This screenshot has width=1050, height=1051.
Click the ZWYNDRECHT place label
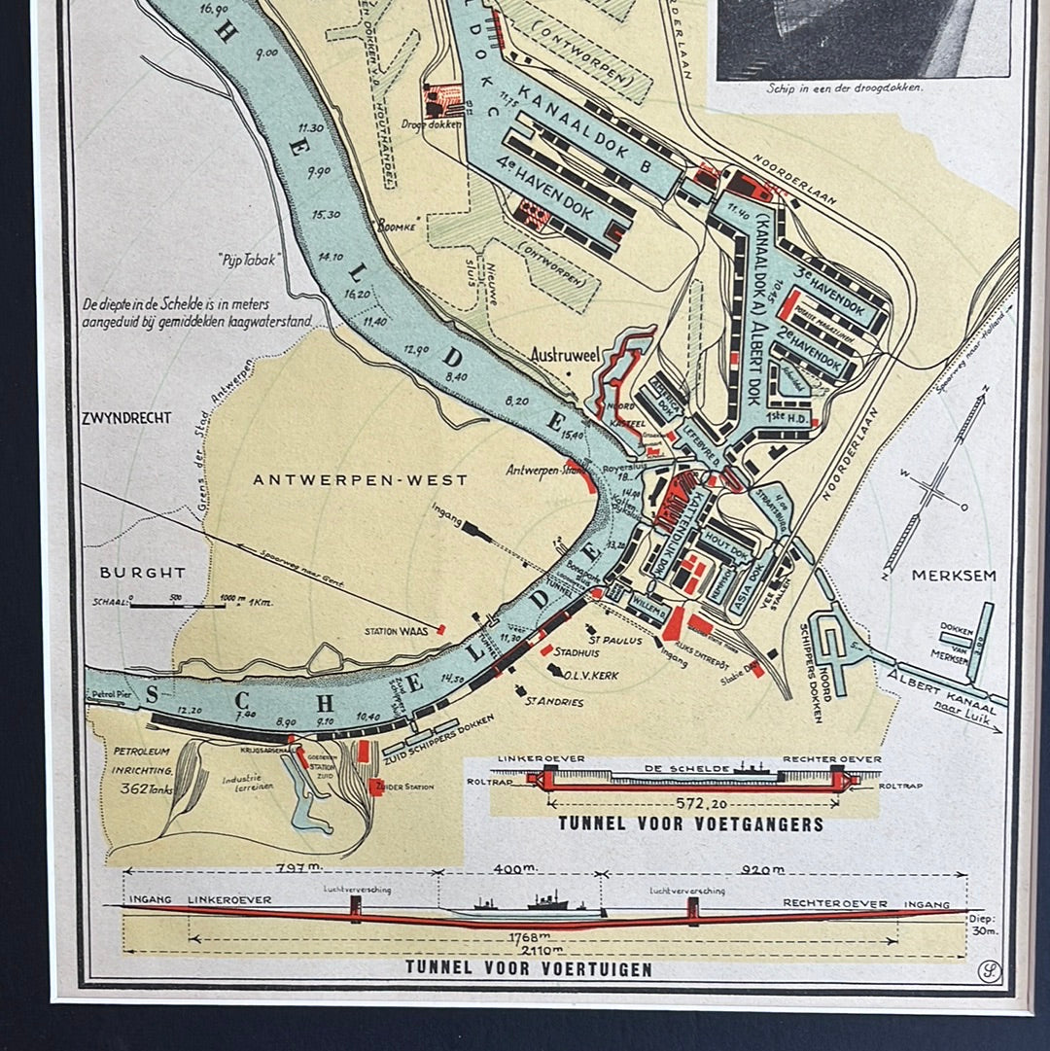pyautogui.click(x=126, y=418)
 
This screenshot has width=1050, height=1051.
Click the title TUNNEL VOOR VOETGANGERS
pyautogui.click(x=690, y=824)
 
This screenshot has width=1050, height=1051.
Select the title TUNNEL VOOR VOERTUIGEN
pyautogui.click(x=529, y=969)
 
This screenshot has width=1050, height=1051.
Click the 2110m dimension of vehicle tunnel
pyautogui.click(x=543, y=950)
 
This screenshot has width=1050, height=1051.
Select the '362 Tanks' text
pyautogui.click(x=143, y=789)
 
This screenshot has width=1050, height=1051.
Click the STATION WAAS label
pyautogui.click(x=397, y=631)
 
